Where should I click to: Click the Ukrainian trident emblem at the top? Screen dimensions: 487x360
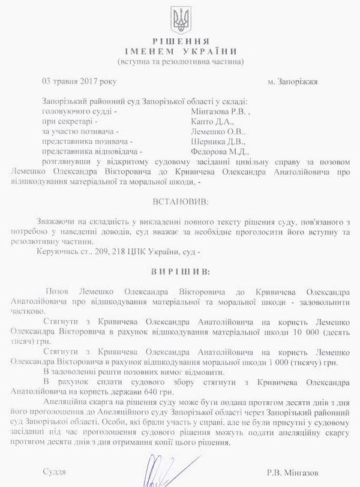click(x=180, y=21)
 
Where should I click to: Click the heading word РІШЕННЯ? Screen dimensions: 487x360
click(x=179, y=41)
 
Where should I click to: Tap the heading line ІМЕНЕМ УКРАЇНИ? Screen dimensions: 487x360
click(x=179, y=51)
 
